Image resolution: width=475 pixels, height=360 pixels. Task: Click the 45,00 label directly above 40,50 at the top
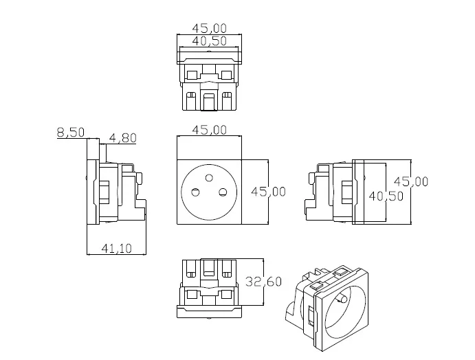click(x=210, y=28)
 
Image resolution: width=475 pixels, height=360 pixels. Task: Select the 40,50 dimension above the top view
click(x=210, y=41)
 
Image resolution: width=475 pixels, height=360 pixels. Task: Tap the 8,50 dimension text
click(x=71, y=133)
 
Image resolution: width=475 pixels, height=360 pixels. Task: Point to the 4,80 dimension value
click(x=122, y=138)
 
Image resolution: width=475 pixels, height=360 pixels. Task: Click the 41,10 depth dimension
click(x=117, y=249)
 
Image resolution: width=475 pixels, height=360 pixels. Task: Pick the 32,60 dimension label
click(x=263, y=282)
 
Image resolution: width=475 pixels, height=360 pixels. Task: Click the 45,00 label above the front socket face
click(x=210, y=130)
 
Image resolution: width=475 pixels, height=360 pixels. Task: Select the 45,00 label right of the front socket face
click(x=268, y=192)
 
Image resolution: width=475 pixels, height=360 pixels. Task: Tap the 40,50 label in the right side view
click(x=386, y=196)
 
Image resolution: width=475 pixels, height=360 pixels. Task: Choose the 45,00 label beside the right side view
click(x=411, y=181)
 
